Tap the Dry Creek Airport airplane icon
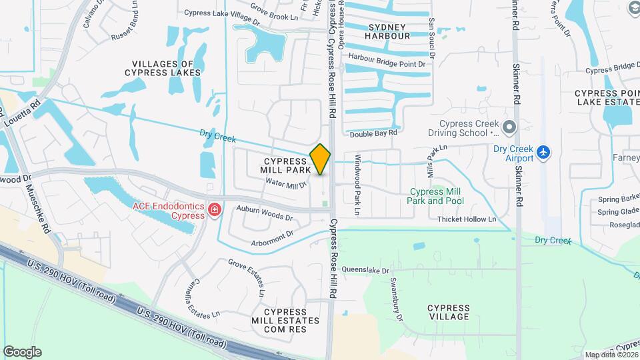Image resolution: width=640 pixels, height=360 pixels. coord(544,153)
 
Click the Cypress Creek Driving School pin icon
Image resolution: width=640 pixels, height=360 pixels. coord(510,127)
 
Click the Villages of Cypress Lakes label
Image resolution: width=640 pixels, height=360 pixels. coord(163,67)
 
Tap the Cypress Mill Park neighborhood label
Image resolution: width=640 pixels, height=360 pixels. coord(287,166)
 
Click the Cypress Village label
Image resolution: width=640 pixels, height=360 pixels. coord(449,311)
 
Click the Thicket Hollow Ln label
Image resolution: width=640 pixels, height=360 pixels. coord(467,219)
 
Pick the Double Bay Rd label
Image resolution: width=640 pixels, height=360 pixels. coord(373,133)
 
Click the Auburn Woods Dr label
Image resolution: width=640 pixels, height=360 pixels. coord(265,213)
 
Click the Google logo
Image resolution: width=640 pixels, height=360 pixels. coord(22,351)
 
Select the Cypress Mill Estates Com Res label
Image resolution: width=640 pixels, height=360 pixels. coord(289,320)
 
